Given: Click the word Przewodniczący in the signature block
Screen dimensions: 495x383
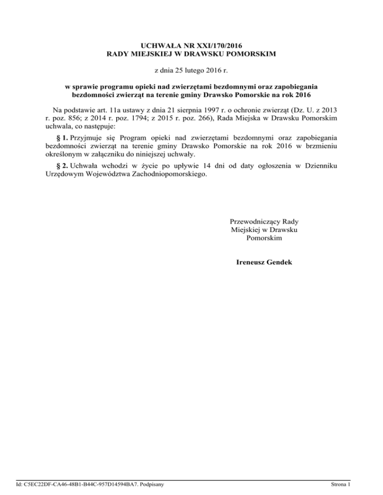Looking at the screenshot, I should coord(250,221).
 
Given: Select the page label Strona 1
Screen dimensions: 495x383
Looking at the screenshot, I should coord(341,484).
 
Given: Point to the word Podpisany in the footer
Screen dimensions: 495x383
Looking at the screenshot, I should coord(153,484).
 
